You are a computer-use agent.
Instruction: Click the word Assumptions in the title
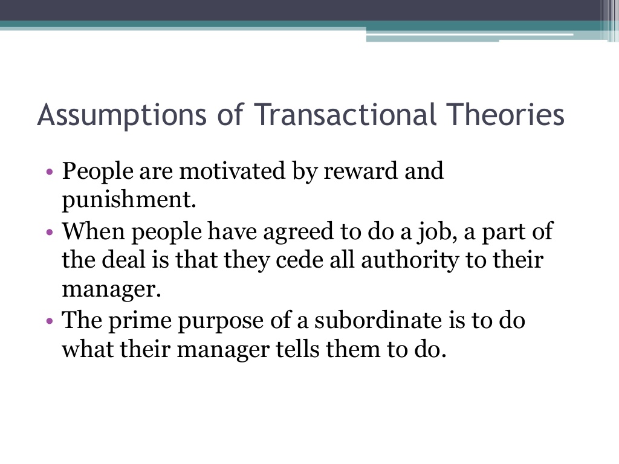pos(122,115)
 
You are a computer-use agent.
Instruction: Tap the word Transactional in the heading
pos(345,114)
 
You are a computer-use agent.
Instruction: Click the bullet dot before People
pos(50,172)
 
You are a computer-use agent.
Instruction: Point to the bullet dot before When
pos(50,231)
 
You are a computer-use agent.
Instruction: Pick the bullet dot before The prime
pos(50,320)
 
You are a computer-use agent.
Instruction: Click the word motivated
pos(232,171)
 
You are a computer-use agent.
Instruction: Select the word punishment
pos(129,199)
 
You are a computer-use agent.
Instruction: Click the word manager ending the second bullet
pos(112,289)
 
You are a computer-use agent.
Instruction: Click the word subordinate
pos(378,320)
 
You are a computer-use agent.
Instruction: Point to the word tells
pos(297,349)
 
